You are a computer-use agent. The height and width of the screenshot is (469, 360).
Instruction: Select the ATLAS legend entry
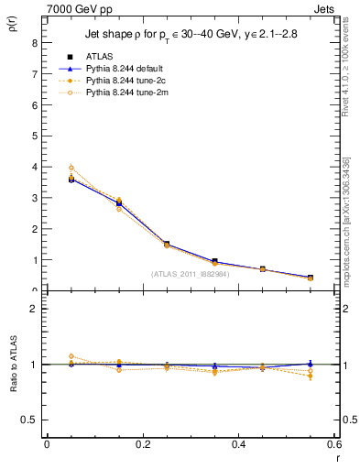[x=101, y=57]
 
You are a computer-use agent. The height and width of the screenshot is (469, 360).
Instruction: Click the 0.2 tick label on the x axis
[x=142, y=443]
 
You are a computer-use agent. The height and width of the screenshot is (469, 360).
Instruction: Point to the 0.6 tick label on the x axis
[x=334, y=443]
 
